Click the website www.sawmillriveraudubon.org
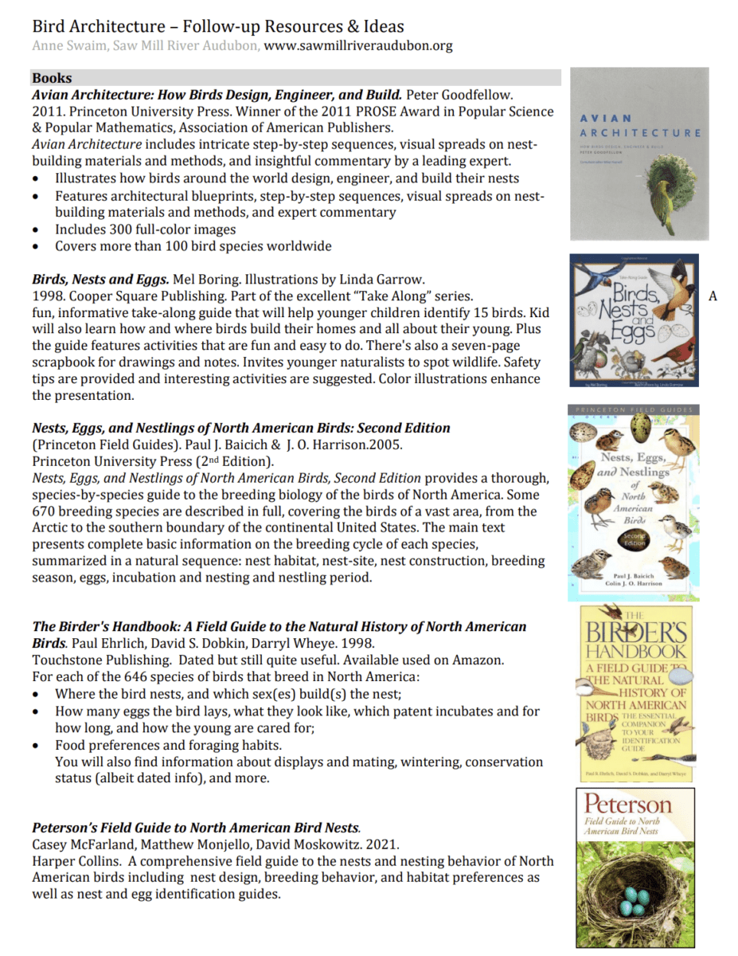click(357, 45)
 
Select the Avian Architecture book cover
click(640, 155)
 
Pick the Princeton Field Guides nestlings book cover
click(634, 501)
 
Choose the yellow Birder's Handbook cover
click(634, 693)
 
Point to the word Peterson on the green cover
click(628, 803)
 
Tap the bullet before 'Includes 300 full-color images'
click(37, 229)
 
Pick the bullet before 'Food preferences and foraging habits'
click(37, 746)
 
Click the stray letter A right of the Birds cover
click(713, 296)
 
